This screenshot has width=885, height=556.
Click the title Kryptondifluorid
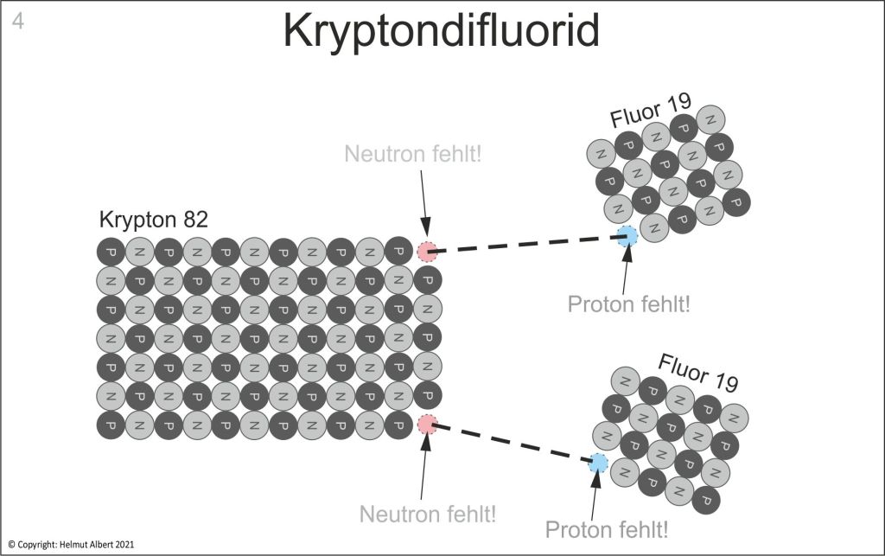[441, 33]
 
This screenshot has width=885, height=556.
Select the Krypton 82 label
[154, 219]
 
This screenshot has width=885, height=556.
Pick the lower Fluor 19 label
[698, 373]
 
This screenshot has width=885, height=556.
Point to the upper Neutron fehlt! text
[413, 154]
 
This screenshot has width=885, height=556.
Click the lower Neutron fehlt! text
[428, 514]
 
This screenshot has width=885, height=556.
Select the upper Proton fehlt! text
[629, 304]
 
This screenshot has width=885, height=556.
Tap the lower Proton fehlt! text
[607, 528]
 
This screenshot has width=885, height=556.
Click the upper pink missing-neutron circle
[427, 252]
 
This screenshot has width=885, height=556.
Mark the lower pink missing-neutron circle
[427, 425]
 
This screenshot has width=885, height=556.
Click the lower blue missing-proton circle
[598, 463]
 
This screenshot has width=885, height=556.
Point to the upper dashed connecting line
[527, 244]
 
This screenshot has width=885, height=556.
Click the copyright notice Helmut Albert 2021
[71, 545]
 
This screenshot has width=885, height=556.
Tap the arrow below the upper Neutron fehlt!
[423, 206]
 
